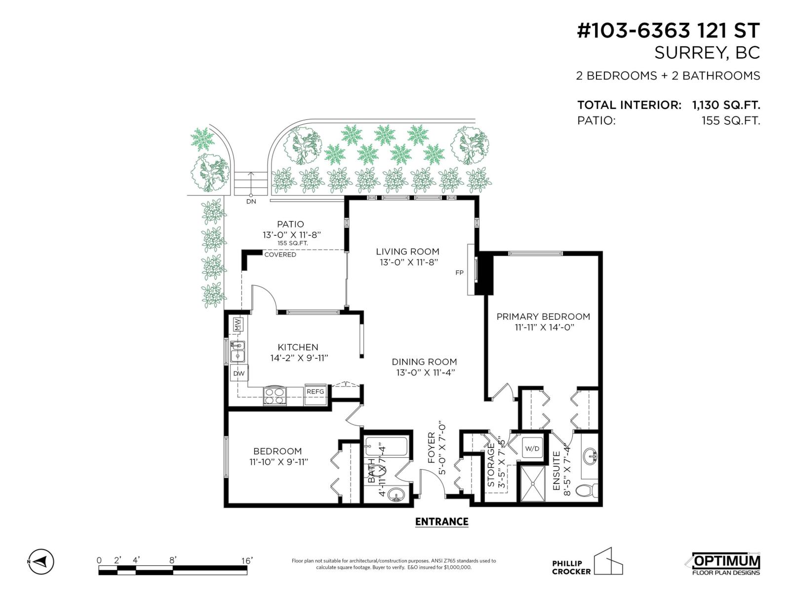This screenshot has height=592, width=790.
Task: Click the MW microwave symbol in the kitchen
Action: (x=238, y=325)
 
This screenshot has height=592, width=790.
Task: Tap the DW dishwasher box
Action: (x=239, y=373)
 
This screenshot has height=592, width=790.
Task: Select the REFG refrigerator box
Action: (x=316, y=392)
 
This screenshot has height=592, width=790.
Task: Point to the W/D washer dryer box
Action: (x=532, y=448)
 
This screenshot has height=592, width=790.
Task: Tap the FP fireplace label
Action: (x=459, y=272)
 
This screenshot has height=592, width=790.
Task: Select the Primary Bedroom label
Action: (x=543, y=316)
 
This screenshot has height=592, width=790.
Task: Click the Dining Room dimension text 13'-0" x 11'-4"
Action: (x=425, y=373)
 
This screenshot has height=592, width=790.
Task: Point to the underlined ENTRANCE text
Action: (x=441, y=521)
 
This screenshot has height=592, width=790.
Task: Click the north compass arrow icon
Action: (x=40, y=561)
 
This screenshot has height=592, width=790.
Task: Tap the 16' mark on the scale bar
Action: (x=246, y=560)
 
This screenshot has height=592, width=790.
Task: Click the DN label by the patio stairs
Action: (x=251, y=201)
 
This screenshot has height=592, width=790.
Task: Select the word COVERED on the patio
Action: (x=280, y=255)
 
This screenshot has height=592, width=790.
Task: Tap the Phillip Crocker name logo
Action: (x=571, y=567)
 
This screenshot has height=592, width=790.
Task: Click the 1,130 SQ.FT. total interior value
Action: (x=726, y=105)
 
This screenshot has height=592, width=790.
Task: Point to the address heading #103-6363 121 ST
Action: (x=668, y=31)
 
